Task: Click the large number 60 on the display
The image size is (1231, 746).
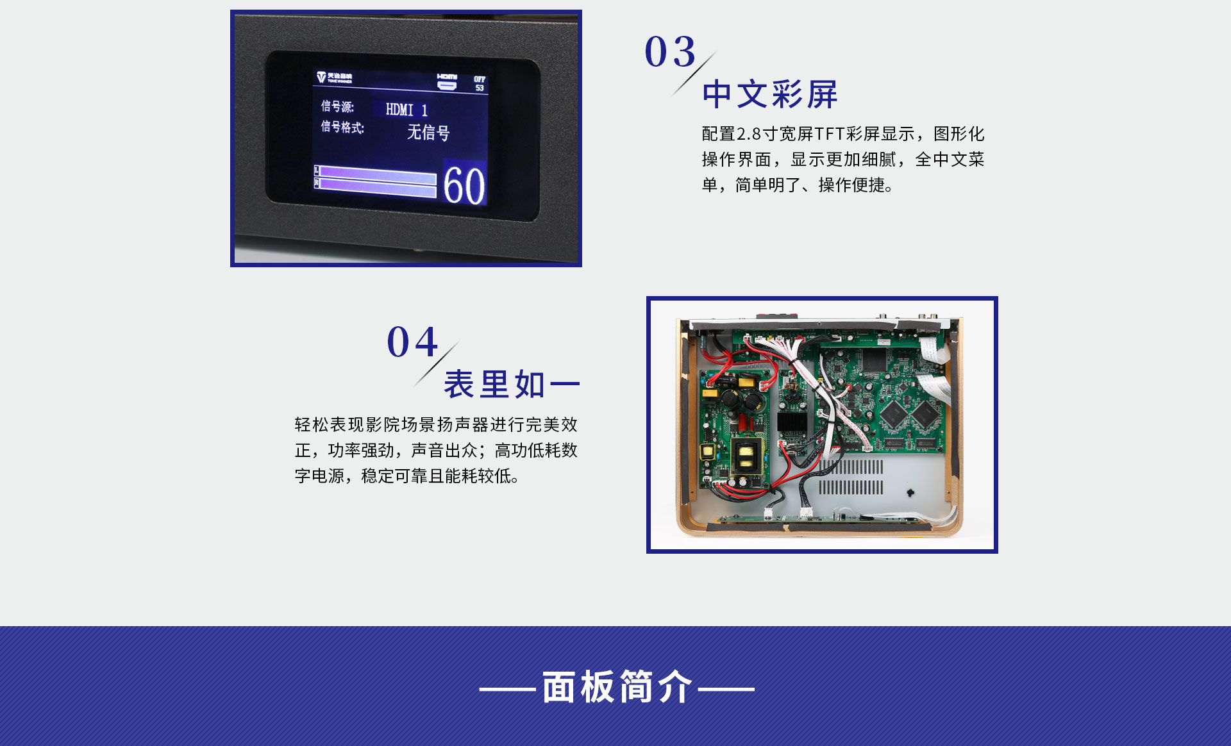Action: (464, 186)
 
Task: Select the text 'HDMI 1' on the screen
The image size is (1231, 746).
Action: (406, 110)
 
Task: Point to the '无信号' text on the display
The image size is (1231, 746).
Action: (428, 132)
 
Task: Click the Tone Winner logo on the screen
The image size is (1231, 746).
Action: (334, 78)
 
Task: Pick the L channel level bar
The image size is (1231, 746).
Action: (375, 172)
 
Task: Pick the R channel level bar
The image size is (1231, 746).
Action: (375, 185)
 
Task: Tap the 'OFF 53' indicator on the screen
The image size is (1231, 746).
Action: (480, 83)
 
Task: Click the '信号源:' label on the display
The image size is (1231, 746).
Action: (337, 106)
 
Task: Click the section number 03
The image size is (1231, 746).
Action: (670, 51)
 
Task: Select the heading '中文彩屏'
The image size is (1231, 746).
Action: (770, 95)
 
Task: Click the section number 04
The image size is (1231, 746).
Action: (412, 342)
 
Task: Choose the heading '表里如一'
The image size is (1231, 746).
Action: (512, 385)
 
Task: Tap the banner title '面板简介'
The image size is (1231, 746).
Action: (617, 687)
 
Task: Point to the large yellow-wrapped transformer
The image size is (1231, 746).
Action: (747, 454)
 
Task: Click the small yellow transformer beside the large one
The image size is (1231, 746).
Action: (708, 452)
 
